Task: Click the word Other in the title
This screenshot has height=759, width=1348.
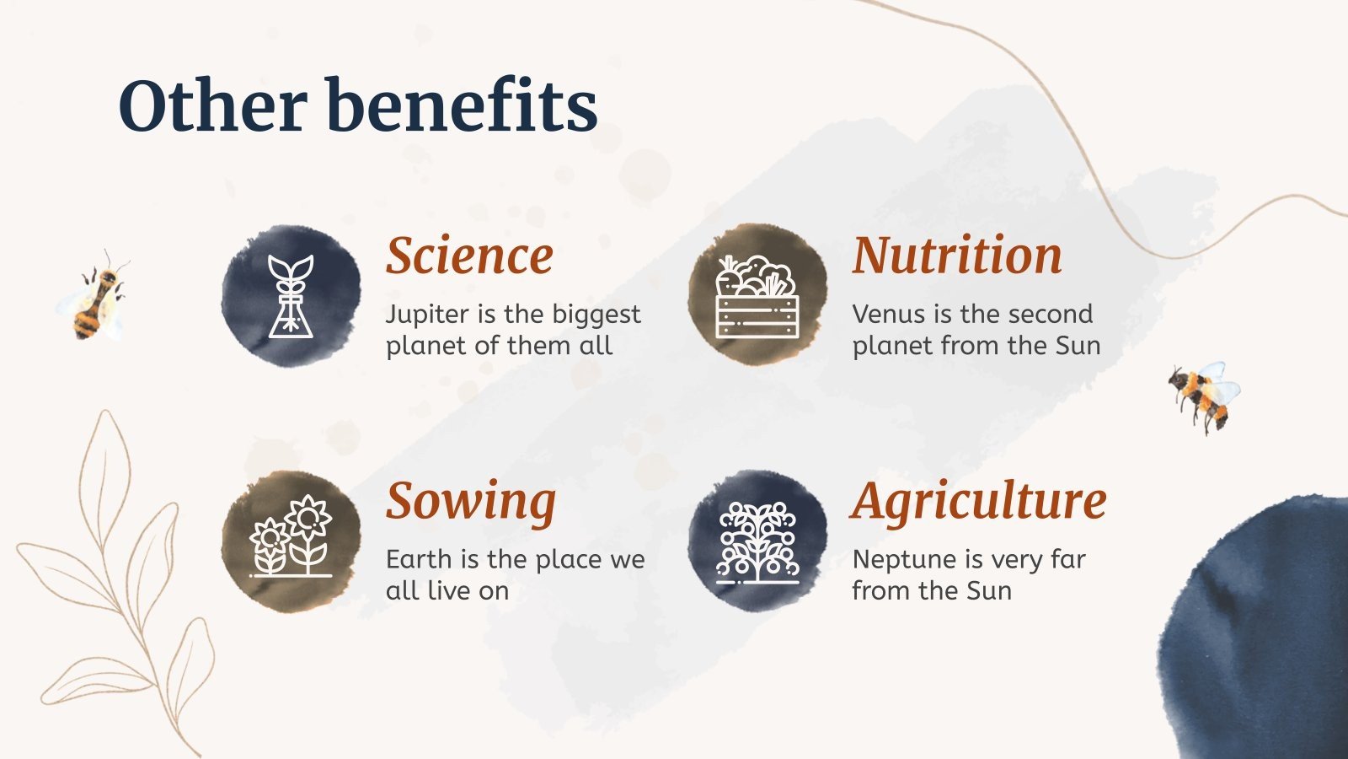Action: click(x=213, y=105)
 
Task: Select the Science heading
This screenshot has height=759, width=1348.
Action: click(x=469, y=256)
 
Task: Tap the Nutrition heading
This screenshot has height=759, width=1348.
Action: click(x=957, y=255)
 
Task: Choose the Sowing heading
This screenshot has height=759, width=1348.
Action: click(x=471, y=503)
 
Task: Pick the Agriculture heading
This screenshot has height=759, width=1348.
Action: click(x=978, y=502)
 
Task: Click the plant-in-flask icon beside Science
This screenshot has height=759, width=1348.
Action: click(x=292, y=296)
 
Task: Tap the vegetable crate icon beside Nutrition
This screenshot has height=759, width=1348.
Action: click(x=757, y=296)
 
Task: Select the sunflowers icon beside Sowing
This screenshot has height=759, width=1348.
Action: click(x=292, y=536)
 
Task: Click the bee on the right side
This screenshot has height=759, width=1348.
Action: click(x=1204, y=396)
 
